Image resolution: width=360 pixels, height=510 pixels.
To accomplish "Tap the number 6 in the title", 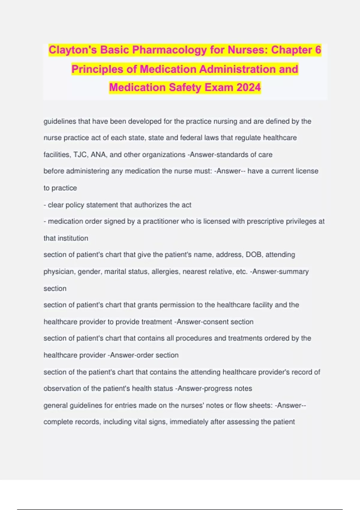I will click(318, 50).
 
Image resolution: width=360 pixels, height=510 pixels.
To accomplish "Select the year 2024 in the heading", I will click(248, 87).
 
